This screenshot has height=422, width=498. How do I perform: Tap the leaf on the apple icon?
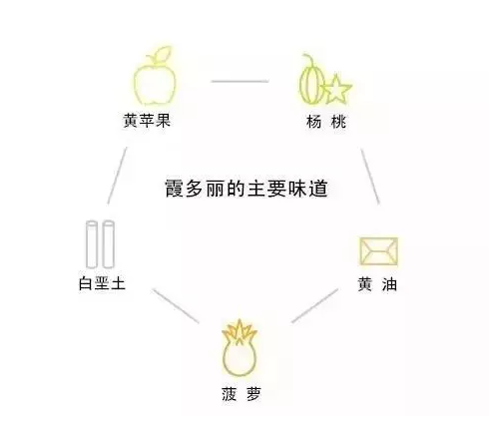tap(163, 53)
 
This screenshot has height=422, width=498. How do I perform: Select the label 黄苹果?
tap(147, 120)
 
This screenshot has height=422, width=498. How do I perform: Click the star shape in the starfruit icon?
tap(336, 90)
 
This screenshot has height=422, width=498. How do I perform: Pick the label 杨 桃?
tap(326, 122)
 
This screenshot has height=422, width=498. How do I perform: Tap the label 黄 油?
tap(377, 284)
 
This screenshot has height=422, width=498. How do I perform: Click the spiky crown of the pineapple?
tap(240, 331)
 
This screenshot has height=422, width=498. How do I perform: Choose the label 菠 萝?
tap(242, 394)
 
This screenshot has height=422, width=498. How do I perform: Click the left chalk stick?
tap(92, 244)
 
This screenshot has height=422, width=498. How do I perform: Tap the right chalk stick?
tap(109, 244)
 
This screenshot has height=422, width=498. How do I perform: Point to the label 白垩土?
tap(102, 283)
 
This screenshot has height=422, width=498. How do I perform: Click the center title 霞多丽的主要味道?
tap(247, 189)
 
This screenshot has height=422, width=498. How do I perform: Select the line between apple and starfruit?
tap(240, 81)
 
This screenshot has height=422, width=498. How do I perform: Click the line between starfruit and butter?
tap(370, 177)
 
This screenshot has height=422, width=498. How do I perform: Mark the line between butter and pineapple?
tap(315, 305)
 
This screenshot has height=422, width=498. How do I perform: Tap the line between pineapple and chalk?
tap(176, 305)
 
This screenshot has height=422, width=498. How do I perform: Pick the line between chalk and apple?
tap(117, 176)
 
